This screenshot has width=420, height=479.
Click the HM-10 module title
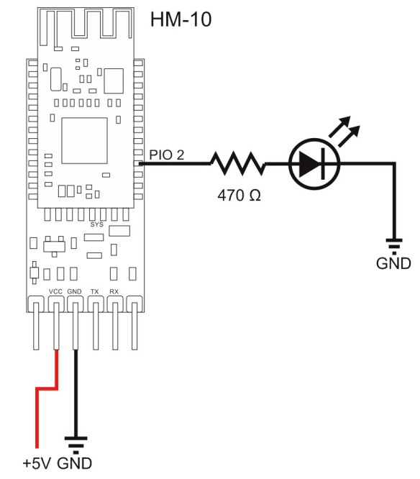[x=181, y=19]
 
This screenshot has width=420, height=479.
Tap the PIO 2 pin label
[x=167, y=154]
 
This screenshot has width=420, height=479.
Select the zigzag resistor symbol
[x=237, y=164]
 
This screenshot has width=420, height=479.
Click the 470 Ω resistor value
[x=237, y=194]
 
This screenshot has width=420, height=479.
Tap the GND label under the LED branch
[x=393, y=263]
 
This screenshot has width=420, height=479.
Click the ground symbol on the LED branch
[x=393, y=243]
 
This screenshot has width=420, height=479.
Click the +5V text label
[x=37, y=463]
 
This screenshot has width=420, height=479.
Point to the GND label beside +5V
[x=75, y=463]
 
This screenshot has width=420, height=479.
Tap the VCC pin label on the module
[x=55, y=291]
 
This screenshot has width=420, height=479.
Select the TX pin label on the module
[x=95, y=291]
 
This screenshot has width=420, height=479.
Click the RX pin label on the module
[x=114, y=291]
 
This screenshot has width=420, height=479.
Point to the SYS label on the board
[x=97, y=224]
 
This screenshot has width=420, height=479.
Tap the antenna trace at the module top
[x=84, y=23]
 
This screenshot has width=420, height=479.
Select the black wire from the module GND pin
[x=75, y=388]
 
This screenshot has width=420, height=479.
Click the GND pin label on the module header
[x=75, y=291]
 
